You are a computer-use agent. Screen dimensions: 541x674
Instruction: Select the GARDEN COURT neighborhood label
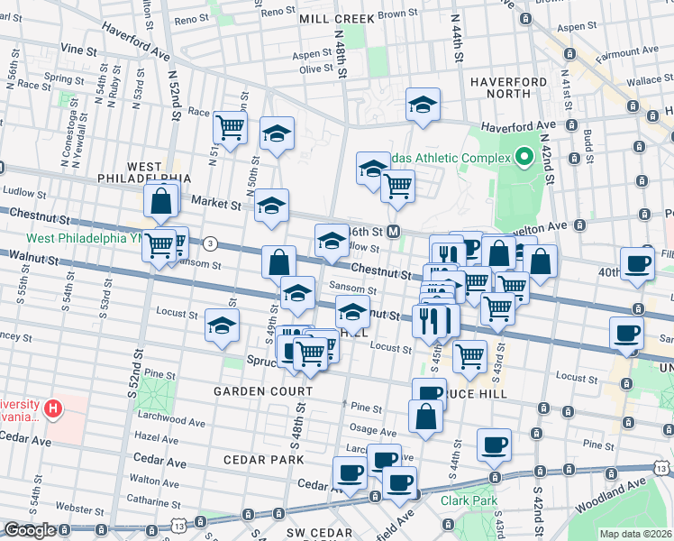coord(262,391)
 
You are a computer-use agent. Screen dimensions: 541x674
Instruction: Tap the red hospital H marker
coord(53,410)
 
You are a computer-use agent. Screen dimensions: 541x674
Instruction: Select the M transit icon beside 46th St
coord(393,231)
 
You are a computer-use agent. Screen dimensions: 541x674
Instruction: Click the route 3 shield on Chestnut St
coord(210,243)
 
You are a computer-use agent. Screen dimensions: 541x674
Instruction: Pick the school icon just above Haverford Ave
coord(422,105)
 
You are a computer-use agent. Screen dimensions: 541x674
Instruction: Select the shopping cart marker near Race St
coord(230,127)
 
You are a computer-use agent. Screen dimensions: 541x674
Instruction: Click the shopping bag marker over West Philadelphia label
coord(160,202)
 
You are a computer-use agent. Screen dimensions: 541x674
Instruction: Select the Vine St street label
coord(79,48)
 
